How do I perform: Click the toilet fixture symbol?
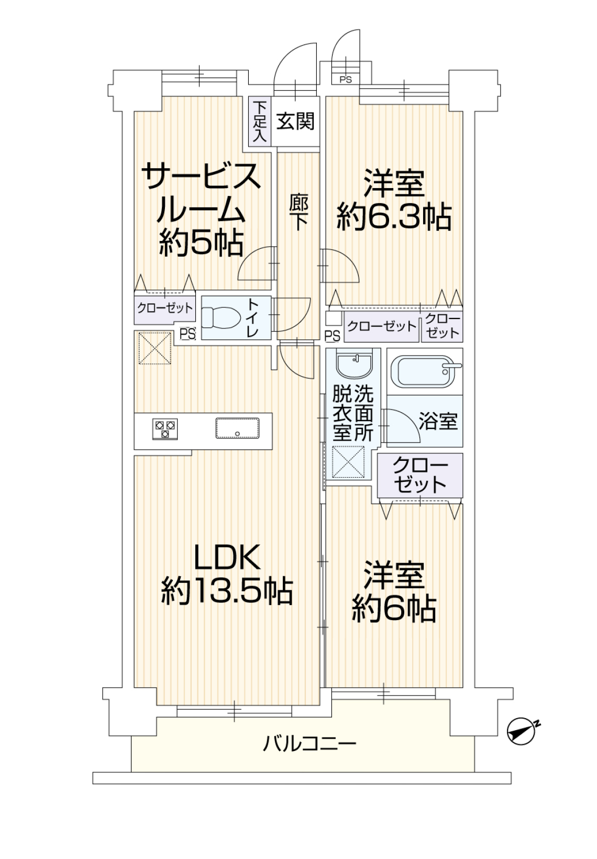(221, 317)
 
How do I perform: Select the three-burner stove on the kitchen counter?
(165, 429)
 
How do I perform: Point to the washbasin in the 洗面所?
(353, 364)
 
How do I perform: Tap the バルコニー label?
(309, 744)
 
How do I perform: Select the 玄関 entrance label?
(295, 121)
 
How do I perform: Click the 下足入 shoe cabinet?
(260, 121)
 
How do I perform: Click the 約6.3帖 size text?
(394, 217)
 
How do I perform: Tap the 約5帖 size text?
(201, 243)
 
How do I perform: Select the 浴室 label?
(438, 421)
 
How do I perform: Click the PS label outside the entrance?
(346, 80)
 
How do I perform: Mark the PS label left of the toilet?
(188, 334)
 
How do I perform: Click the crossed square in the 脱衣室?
(348, 462)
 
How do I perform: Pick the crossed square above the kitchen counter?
(154, 348)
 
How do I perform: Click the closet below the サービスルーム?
(165, 309)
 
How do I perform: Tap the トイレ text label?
(252, 317)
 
